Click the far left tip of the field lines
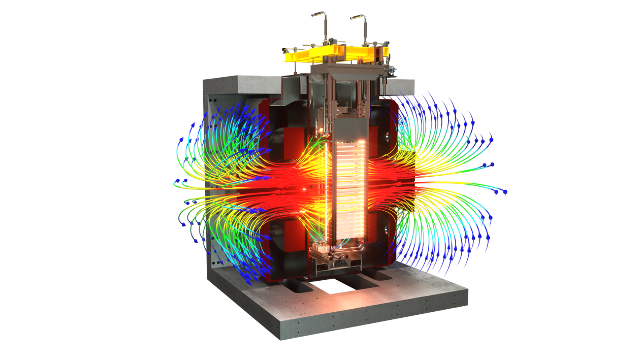pos(175,181)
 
